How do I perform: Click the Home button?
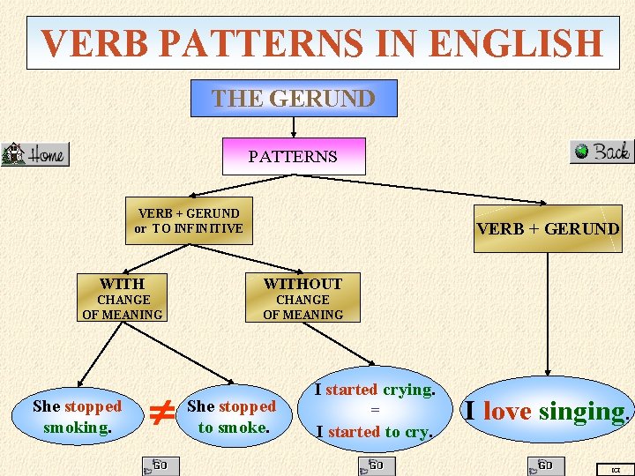(x=35, y=154)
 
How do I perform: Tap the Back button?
(x=601, y=152)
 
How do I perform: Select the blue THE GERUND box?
(x=294, y=98)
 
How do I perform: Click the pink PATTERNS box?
(x=293, y=156)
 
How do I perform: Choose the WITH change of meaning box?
(x=123, y=298)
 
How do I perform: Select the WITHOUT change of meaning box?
(x=303, y=298)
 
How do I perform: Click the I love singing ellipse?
(x=547, y=411)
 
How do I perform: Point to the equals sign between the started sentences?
(x=374, y=410)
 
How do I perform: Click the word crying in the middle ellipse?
(x=407, y=390)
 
